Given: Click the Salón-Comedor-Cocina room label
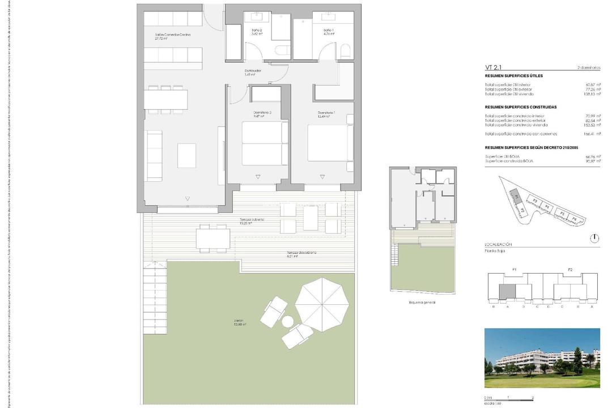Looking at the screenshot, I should point(173,35).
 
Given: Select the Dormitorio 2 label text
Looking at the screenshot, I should point(262,113).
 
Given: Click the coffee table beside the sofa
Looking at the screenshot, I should point(186,155).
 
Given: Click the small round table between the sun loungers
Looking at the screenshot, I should point(288,322).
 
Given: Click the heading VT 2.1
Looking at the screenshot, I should point(494,67).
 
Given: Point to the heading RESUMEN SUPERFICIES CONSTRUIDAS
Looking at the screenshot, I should point(521,107).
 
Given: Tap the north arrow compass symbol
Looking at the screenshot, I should point(593,238).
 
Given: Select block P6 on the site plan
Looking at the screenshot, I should point(573,219).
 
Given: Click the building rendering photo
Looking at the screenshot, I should point(542,358).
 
